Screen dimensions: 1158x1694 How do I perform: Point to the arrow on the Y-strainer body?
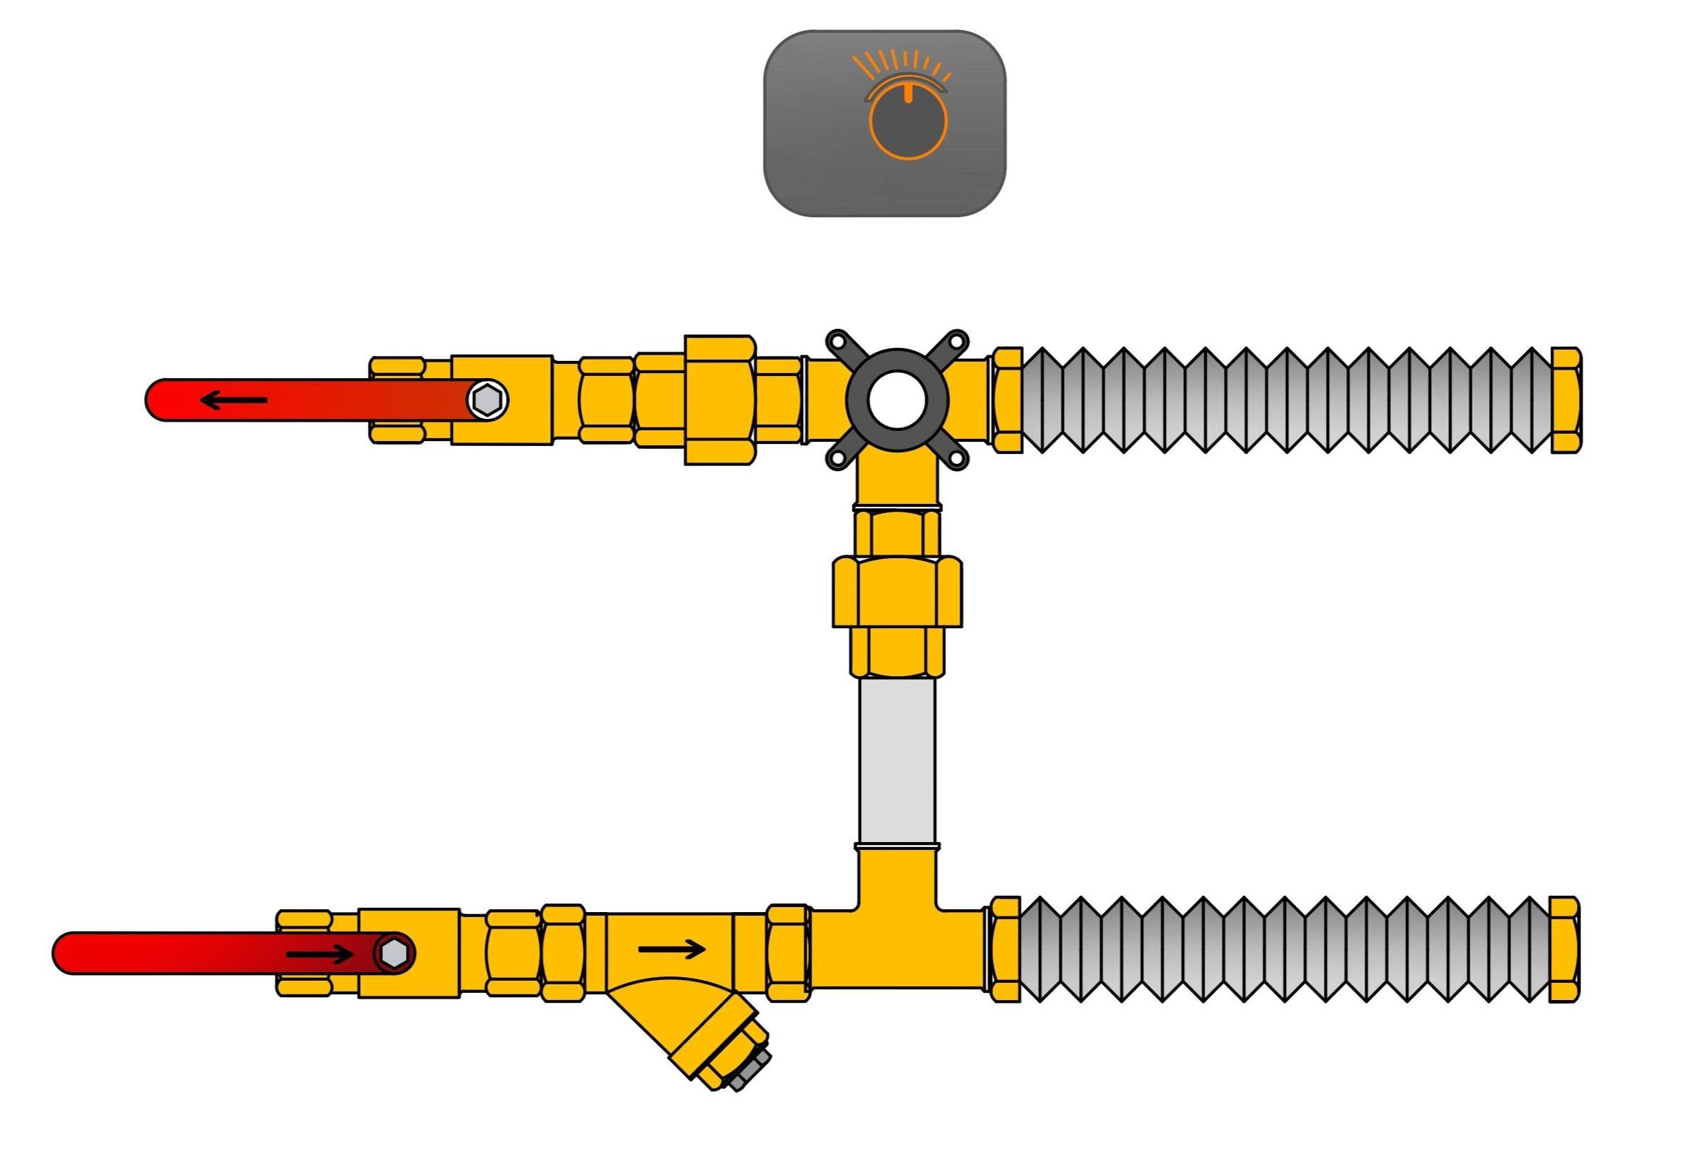pyautogui.click(x=672, y=949)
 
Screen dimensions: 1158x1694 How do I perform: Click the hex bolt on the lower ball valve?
pyautogui.click(x=394, y=953)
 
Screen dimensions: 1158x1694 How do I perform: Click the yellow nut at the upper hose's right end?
pyautogui.click(x=1565, y=400)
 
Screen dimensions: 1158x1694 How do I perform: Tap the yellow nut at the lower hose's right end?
pyautogui.click(x=1563, y=949)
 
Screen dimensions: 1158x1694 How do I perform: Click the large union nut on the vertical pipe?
pyautogui.click(x=897, y=591)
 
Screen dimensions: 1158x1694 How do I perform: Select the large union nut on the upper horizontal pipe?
pyautogui.click(x=719, y=400)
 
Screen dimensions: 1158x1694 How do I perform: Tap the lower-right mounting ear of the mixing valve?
pyautogui.click(x=957, y=457)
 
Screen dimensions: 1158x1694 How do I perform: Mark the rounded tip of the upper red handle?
pyautogui.click(x=156, y=400)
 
